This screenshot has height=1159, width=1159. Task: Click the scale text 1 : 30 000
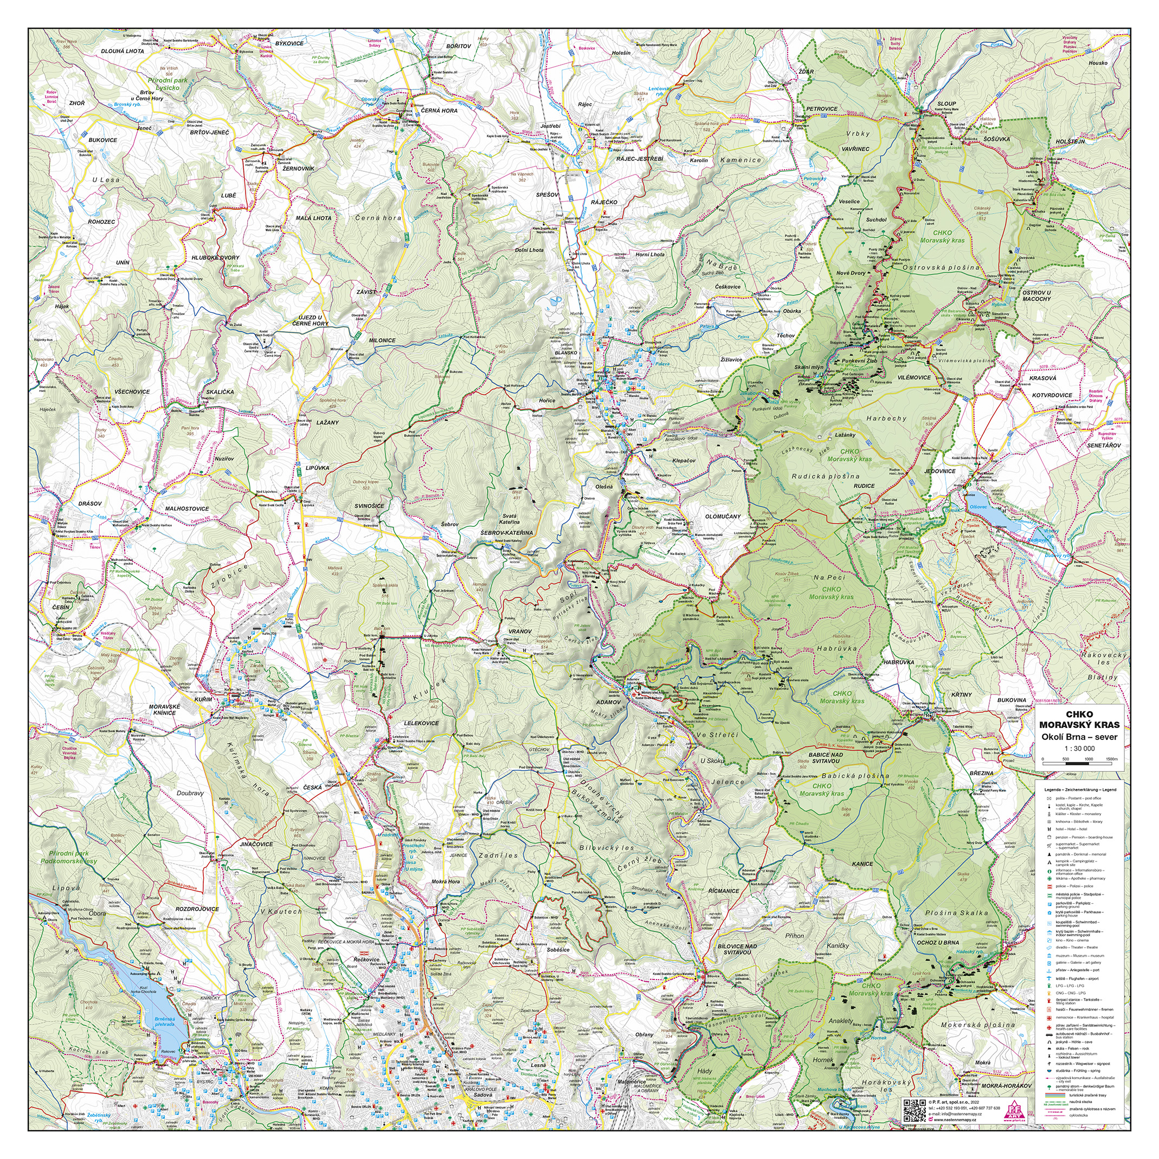point(1079,748)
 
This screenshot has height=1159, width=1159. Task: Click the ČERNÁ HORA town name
point(439,111)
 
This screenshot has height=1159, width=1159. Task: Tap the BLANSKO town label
point(566,353)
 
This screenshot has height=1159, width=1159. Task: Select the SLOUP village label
point(946,103)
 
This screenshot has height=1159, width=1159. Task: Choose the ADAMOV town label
point(608,701)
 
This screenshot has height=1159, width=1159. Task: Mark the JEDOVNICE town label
point(940,471)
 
